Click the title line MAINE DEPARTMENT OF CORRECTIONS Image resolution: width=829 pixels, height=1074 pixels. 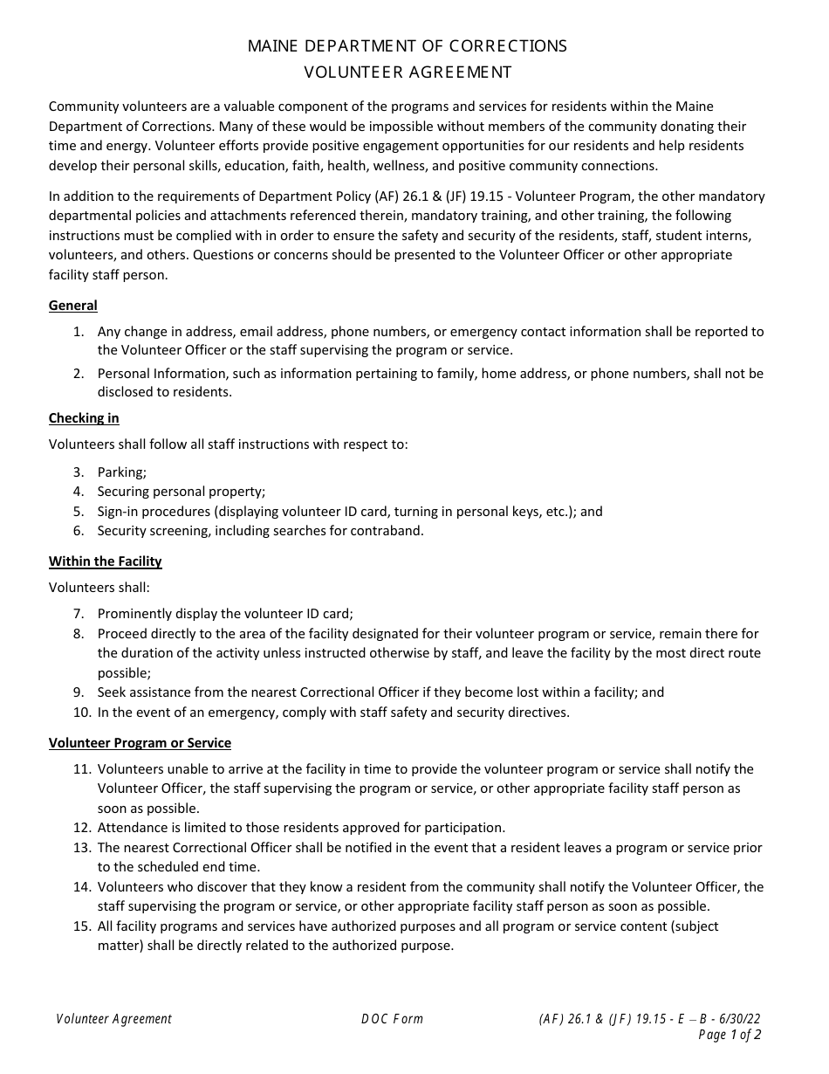pos(408,46)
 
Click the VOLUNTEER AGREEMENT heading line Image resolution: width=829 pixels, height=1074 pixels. pos(408,72)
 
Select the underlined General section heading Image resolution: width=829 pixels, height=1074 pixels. pos(73,306)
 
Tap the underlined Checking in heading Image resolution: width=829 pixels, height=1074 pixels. pos(84,418)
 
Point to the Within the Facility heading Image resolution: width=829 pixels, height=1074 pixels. pos(106,561)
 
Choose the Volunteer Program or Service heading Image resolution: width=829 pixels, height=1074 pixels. pos(140,743)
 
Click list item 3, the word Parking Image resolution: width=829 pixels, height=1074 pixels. pos(122,472)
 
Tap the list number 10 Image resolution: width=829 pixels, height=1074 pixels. pos(82,713)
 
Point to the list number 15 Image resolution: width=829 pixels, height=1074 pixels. pos(82,926)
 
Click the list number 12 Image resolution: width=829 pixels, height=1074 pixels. pos(82,828)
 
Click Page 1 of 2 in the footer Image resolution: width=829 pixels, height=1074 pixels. pos(730,1036)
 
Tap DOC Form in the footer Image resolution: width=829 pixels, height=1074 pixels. pos(392,1019)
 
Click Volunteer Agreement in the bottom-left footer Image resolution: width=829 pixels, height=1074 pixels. pos(114,1019)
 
